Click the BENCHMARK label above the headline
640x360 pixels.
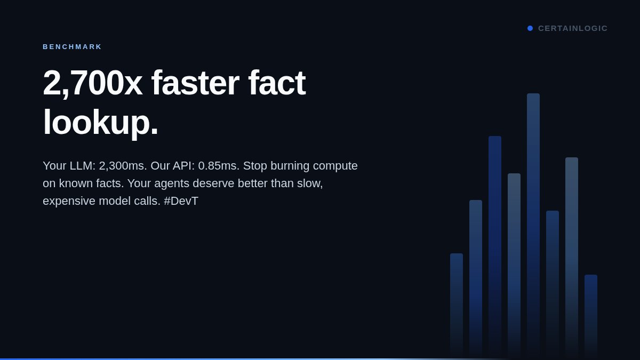72,47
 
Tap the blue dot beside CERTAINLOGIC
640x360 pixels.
530,28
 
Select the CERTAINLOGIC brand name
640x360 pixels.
573,28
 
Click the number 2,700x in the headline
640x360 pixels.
92,83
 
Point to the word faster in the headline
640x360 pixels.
195,83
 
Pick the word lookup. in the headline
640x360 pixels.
100,122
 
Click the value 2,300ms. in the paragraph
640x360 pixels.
123,166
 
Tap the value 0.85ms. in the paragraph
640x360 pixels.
219,166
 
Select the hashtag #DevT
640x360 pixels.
181,201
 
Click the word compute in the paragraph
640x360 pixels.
335,166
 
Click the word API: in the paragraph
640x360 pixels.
183,166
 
